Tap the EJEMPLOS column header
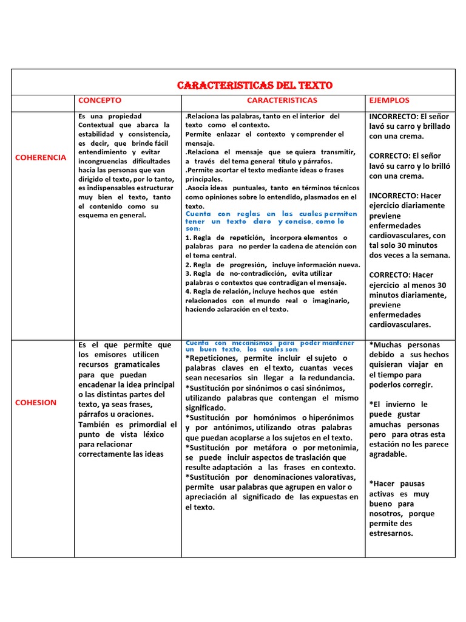tap(389, 100)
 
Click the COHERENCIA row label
tap(40, 157)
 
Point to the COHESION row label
tap(35, 402)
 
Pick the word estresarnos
tap(391, 533)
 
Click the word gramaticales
tap(120, 364)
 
